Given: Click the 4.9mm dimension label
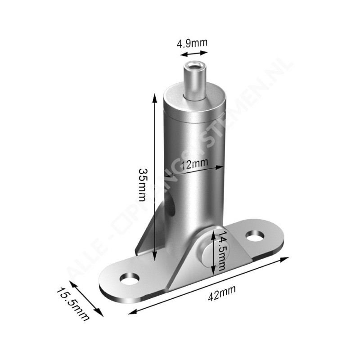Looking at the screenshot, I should click(x=192, y=43).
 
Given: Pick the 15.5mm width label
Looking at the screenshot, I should click(x=73, y=305).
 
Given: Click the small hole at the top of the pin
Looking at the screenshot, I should click(x=194, y=66).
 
